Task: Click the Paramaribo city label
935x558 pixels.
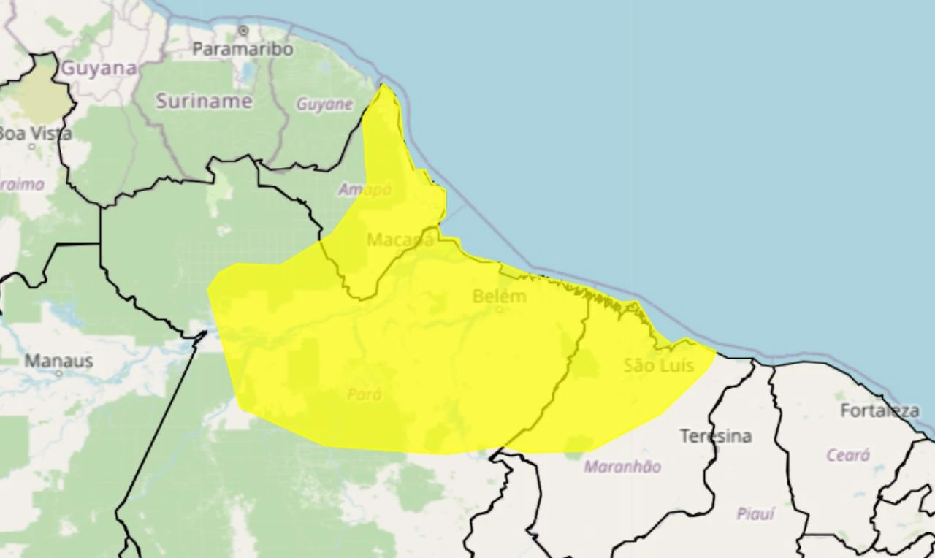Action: (243, 50)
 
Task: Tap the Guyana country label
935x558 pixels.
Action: (99, 69)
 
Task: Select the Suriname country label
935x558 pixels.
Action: (204, 102)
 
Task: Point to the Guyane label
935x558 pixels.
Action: (324, 104)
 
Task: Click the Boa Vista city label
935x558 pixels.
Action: (35, 134)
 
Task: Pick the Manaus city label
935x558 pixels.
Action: (58, 361)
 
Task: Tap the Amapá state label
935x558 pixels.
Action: (365, 189)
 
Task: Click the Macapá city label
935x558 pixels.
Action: (400, 240)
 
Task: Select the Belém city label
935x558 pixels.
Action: (500, 297)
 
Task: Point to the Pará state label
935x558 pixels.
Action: (364, 394)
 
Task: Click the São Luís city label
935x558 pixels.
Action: (659, 365)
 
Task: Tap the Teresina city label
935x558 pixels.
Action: (716, 436)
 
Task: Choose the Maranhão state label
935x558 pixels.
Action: (622, 467)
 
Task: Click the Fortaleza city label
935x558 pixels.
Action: (879, 410)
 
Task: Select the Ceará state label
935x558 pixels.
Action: (848, 455)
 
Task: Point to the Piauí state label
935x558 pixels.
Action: (755, 513)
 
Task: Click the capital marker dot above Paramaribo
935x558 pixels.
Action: (243, 31)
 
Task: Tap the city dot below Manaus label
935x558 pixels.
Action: (59, 373)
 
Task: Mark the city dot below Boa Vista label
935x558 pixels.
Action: (32, 146)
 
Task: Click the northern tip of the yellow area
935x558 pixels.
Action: (382, 86)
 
